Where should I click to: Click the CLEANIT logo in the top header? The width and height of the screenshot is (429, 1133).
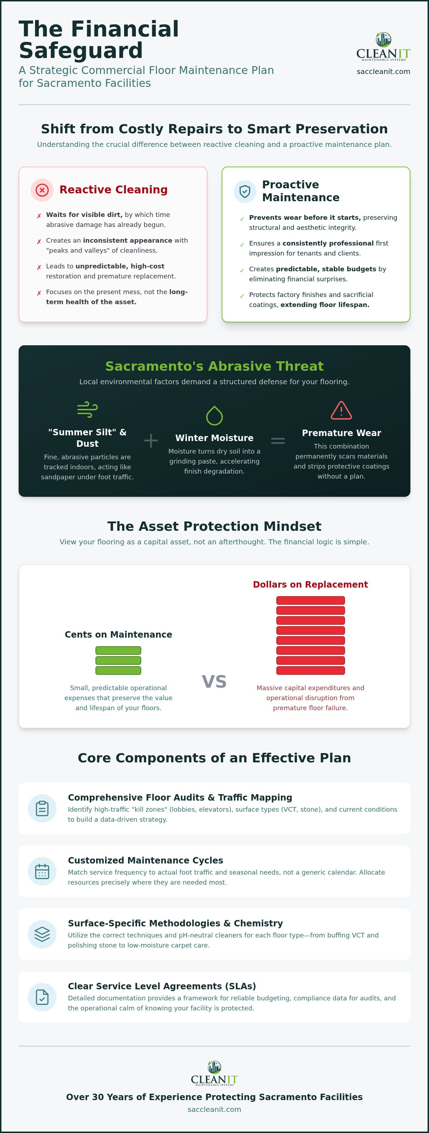coord(383,46)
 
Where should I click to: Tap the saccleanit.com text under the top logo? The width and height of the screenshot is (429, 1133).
coord(383,71)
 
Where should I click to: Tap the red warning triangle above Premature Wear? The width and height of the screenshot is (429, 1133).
coord(341,410)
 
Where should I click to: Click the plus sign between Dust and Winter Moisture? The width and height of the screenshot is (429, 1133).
coord(151,440)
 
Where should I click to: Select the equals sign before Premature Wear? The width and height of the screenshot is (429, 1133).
coord(278,440)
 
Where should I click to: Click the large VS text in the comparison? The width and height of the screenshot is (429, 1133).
coord(214,681)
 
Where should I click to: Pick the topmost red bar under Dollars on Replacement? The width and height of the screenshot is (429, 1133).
coord(310,600)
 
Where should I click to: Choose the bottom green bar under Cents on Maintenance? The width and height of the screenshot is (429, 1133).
coord(118,670)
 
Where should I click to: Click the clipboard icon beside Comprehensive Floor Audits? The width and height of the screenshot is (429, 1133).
coord(42,808)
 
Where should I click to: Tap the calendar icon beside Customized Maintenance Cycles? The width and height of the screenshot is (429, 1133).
coord(42,871)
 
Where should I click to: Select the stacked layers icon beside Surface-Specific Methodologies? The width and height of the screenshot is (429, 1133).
coord(42,934)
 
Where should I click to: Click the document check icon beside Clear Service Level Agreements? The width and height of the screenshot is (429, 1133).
coord(42,997)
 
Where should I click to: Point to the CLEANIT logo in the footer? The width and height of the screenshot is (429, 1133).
coord(214,1073)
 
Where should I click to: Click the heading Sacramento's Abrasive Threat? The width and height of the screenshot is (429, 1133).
coord(214,366)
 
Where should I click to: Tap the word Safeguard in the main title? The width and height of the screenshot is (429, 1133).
coord(80,50)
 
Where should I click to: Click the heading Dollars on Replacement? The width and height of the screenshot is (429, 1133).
coord(310,584)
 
